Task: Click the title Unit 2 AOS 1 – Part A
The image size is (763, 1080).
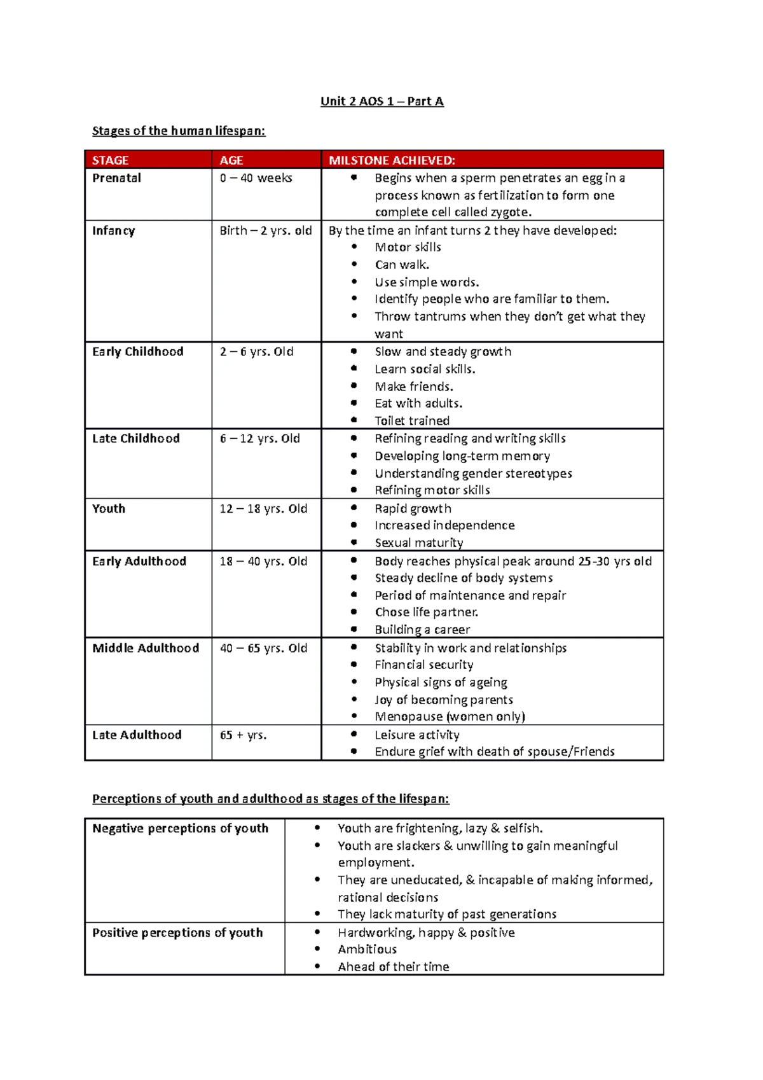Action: click(x=381, y=101)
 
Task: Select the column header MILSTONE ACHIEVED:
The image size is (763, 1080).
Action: click(x=392, y=160)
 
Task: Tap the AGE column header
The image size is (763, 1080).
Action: click(x=231, y=160)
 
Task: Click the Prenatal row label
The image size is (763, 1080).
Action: click(x=116, y=178)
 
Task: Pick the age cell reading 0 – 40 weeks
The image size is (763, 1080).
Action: click(x=256, y=178)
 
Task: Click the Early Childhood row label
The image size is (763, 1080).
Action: click(x=137, y=352)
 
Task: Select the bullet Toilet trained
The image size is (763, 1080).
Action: click(x=412, y=420)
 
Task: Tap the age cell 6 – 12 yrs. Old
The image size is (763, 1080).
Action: click(x=259, y=438)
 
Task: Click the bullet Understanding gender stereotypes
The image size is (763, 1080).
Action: click(x=473, y=473)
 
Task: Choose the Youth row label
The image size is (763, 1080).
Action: click(x=109, y=508)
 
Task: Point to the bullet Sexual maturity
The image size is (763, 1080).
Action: click(x=418, y=543)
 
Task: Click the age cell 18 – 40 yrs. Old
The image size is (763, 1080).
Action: click(x=263, y=561)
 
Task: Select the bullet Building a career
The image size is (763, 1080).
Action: click(x=422, y=630)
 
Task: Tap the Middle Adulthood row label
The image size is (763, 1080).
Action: click(x=146, y=647)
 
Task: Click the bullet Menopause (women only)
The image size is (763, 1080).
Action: click(x=450, y=716)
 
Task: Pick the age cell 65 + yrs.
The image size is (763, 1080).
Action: click(x=243, y=735)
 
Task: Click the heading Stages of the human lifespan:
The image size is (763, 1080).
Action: click(x=179, y=131)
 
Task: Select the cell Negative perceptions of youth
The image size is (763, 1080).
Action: click(x=180, y=828)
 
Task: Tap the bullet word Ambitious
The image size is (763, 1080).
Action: click(x=367, y=949)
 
